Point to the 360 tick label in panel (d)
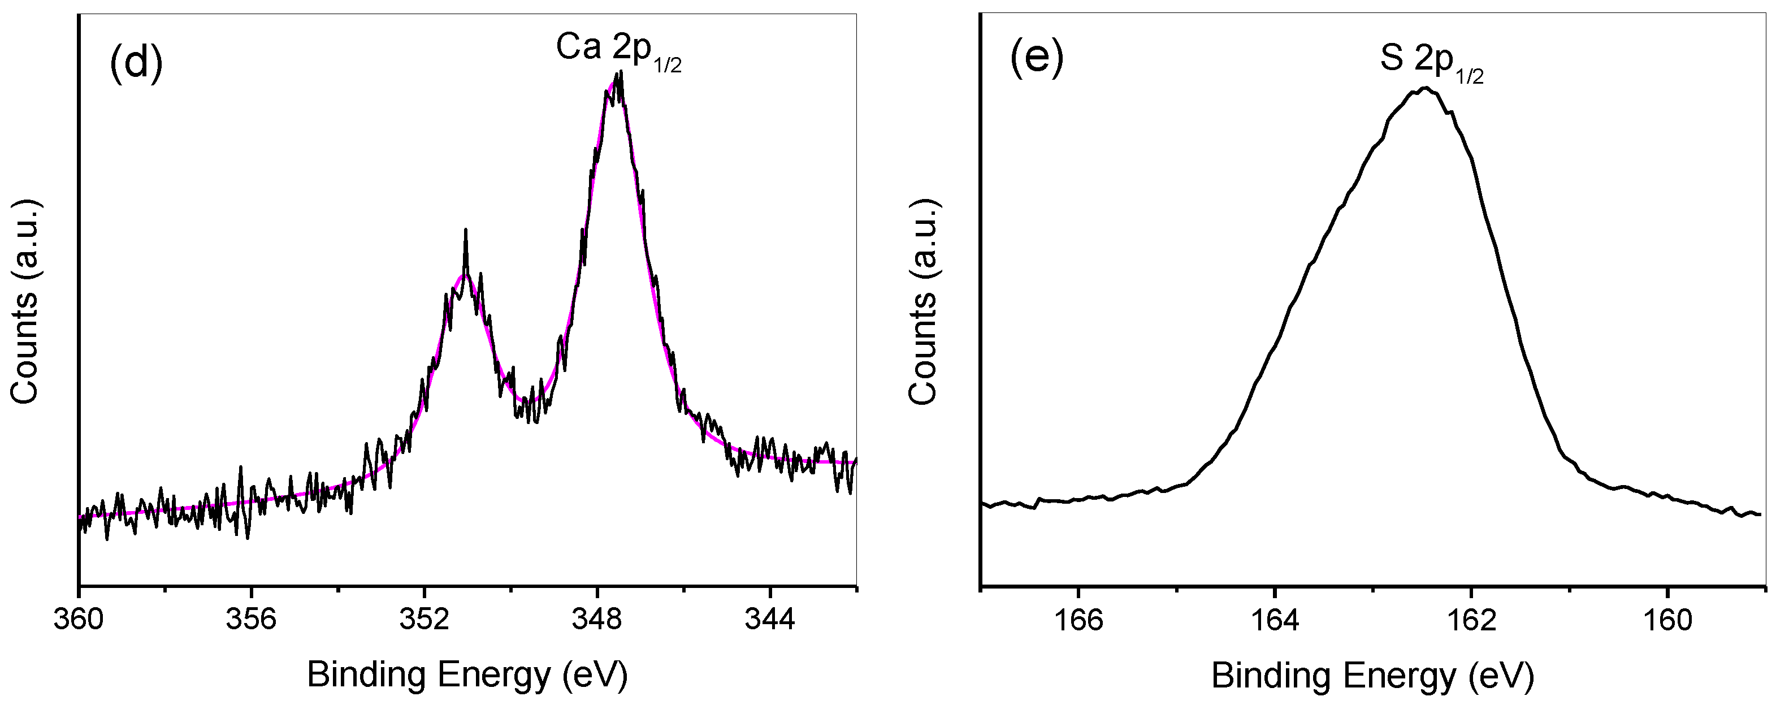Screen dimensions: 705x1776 coord(79,620)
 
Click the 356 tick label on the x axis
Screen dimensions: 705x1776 coord(252,620)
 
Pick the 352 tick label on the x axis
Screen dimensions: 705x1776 coord(424,620)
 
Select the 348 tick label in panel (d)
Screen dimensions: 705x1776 coord(597,620)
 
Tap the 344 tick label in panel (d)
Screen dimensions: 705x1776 coord(770,620)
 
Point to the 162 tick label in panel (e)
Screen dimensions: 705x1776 coord(1471,620)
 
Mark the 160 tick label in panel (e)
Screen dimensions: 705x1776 coord(1667,620)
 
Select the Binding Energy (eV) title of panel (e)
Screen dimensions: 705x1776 coord(1372,676)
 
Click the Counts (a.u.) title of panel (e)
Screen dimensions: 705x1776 coord(922,302)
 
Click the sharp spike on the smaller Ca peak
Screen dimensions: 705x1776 coord(466,231)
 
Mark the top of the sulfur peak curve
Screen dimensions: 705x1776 coord(1424,88)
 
